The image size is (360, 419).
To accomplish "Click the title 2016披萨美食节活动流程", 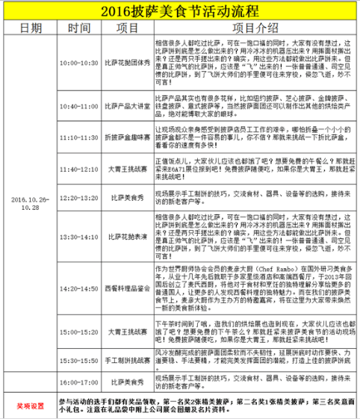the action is (x=180, y=11).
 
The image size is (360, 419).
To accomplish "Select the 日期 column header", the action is (x=30, y=28).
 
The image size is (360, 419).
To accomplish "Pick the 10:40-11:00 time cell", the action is (x=79, y=106).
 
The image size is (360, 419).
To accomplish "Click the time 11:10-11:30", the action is (x=79, y=137).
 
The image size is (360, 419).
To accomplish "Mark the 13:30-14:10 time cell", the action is (x=79, y=236).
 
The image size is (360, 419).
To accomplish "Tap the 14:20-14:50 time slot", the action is (x=79, y=287).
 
